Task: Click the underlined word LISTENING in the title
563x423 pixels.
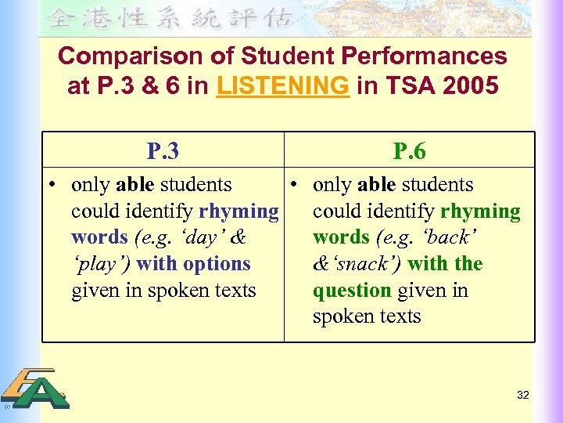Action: click(x=283, y=85)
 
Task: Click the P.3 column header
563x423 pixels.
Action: click(x=163, y=151)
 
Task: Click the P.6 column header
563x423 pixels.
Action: click(x=409, y=151)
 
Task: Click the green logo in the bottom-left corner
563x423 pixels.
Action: click(x=35, y=389)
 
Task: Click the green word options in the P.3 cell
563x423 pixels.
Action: click(x=217, y=264)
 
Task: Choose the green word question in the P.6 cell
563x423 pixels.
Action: click(x=352, y=291)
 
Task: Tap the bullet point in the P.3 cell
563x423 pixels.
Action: click(x=50, y=185)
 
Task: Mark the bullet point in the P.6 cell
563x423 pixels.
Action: click(x=292, y=185)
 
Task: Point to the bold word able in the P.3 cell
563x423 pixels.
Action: click(x=134, y=185)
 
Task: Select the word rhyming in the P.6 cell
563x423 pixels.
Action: click(x=480, y=211)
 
